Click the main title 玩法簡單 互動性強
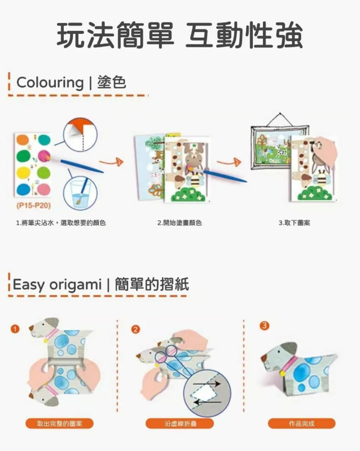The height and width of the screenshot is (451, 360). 179,36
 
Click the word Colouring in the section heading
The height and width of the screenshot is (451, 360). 50,82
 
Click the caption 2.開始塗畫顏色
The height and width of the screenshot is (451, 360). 179,223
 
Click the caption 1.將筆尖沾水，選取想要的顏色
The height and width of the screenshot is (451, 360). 61,223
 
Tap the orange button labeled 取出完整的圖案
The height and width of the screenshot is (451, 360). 59,423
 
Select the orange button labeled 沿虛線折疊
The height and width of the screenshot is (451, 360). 180,423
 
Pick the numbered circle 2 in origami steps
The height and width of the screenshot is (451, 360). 135,329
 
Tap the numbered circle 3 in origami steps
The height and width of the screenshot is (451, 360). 265,325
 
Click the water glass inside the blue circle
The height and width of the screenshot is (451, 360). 81,193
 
